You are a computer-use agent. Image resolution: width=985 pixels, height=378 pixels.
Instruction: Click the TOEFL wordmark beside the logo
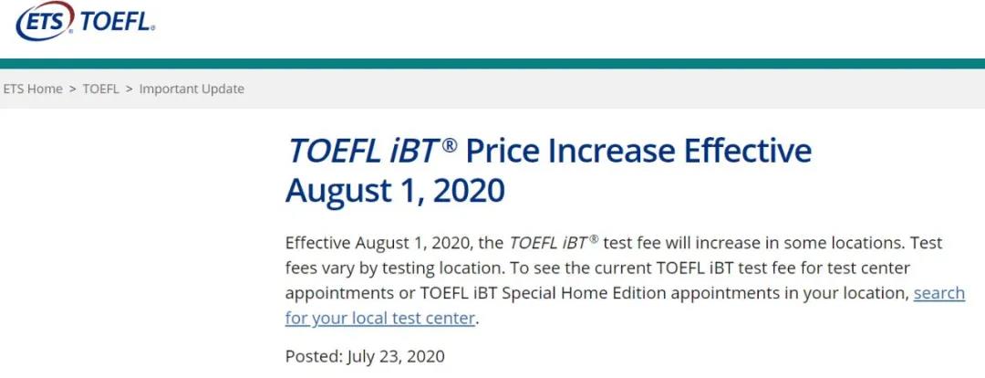(x=117, y=22)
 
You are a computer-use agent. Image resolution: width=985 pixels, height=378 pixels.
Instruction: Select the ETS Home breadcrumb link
(x=33, y=89)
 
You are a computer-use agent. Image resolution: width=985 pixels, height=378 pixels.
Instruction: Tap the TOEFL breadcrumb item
(x=100, y=89)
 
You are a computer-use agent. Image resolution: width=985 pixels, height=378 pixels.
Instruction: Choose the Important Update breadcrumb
(x=192, y=89)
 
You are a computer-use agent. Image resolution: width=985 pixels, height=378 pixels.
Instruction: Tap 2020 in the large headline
(x=469, y=191)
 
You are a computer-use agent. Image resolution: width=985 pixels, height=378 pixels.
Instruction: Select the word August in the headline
(x=337, y=192)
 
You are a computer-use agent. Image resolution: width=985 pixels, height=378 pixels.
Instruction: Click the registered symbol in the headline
(x=449, y=144)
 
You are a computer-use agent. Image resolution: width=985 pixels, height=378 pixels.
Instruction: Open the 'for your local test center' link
(x=380, y=319)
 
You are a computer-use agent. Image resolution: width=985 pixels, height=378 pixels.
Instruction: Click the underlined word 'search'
(x=939, y=293)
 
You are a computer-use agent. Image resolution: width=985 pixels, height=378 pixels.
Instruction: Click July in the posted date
(x=360, y=357)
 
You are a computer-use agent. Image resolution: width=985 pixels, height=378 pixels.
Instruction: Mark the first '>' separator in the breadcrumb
(x=72, y=89)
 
